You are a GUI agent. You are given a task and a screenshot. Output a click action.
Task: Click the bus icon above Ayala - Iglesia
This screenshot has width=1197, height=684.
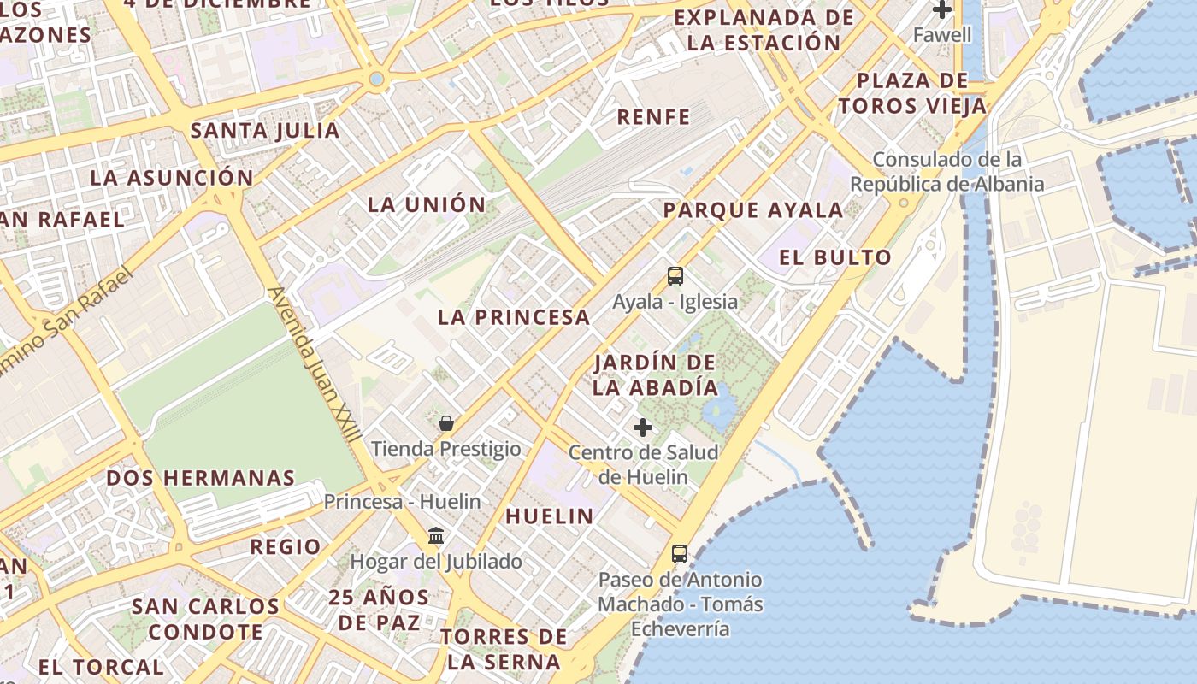point(675,275)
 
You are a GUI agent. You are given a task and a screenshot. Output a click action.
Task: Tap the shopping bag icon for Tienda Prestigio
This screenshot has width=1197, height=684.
point(445,422)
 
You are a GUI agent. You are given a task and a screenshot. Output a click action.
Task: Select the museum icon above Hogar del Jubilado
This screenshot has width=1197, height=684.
point(436,535)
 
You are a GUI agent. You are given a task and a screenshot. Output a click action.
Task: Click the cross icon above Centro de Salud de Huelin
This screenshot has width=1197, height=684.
point(643,427)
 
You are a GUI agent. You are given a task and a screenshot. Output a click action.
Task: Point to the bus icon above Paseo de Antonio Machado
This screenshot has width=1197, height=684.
point(680,554)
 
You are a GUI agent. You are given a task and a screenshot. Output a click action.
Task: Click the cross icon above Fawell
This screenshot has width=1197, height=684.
point(942,10)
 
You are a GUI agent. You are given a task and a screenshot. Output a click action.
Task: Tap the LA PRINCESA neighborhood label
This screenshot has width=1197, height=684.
point(514,317)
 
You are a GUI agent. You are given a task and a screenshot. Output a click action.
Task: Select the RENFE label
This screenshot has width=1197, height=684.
point(653,117)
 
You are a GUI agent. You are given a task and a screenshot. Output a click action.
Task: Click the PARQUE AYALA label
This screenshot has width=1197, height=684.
point(753,210)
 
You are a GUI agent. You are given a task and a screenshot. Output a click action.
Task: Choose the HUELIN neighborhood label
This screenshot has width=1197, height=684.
point(549,516)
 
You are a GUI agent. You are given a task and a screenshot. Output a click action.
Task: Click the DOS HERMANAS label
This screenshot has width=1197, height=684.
point(201,478)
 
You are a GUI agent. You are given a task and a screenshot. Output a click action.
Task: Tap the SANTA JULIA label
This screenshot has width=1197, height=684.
point(265,131)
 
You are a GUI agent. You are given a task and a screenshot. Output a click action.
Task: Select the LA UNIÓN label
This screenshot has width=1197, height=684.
point(427,205)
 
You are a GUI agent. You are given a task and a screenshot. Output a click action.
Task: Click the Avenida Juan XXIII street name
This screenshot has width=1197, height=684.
point(314,364)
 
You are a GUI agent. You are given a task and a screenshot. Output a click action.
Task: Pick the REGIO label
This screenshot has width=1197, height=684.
point(286,546)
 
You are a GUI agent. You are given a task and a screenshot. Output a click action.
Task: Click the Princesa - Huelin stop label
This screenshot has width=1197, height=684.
point(402,502)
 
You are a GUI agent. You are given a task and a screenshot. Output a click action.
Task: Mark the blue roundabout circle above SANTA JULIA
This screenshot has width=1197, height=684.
point(376,80)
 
